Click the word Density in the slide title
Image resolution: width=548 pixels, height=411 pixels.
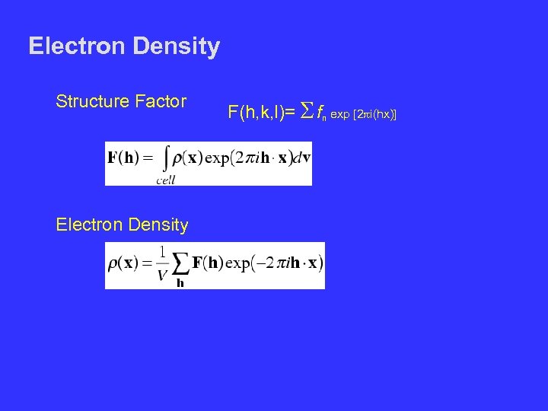176,47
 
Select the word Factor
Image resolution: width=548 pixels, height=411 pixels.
162,100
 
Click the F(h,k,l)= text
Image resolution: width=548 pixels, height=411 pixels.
261,113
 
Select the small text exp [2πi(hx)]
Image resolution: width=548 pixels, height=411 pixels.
365,115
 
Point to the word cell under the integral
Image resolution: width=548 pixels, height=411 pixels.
165,180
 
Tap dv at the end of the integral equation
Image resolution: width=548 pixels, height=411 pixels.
301,159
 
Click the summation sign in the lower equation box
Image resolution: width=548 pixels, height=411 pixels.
180,264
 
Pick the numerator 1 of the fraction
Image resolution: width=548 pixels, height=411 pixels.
163,253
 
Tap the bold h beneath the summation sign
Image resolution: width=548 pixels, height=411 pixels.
180,283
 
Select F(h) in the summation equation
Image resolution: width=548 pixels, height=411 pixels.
209,264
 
